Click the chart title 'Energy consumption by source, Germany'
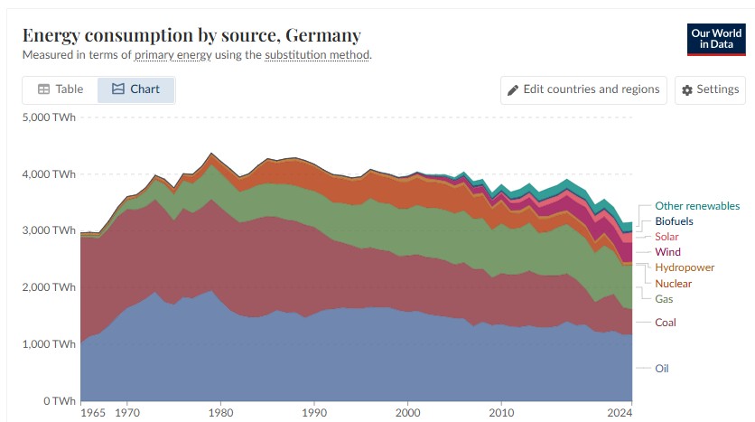coord(191,35)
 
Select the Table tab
coord(61,89)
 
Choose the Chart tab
coord(135,89)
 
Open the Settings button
coord(710,89)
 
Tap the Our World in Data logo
coord(715,38)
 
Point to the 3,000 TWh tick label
coord(51,230)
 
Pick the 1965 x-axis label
coord(93,412)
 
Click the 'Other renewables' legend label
coord(696,206)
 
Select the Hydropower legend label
coord(685,267)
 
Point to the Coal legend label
coord(666,323)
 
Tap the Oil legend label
coord(662,368)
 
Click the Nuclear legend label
coord(674,284)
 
